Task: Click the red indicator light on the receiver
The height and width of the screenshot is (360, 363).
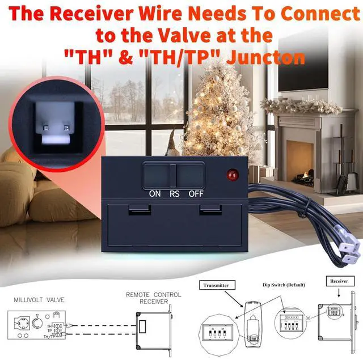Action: [x=231, y=175]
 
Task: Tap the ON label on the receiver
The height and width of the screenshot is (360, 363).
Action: [x=155, y=193]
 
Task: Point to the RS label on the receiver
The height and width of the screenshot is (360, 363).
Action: [x=175, y=193]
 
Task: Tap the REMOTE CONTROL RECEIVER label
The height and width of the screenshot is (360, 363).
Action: [x=154, y=298]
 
